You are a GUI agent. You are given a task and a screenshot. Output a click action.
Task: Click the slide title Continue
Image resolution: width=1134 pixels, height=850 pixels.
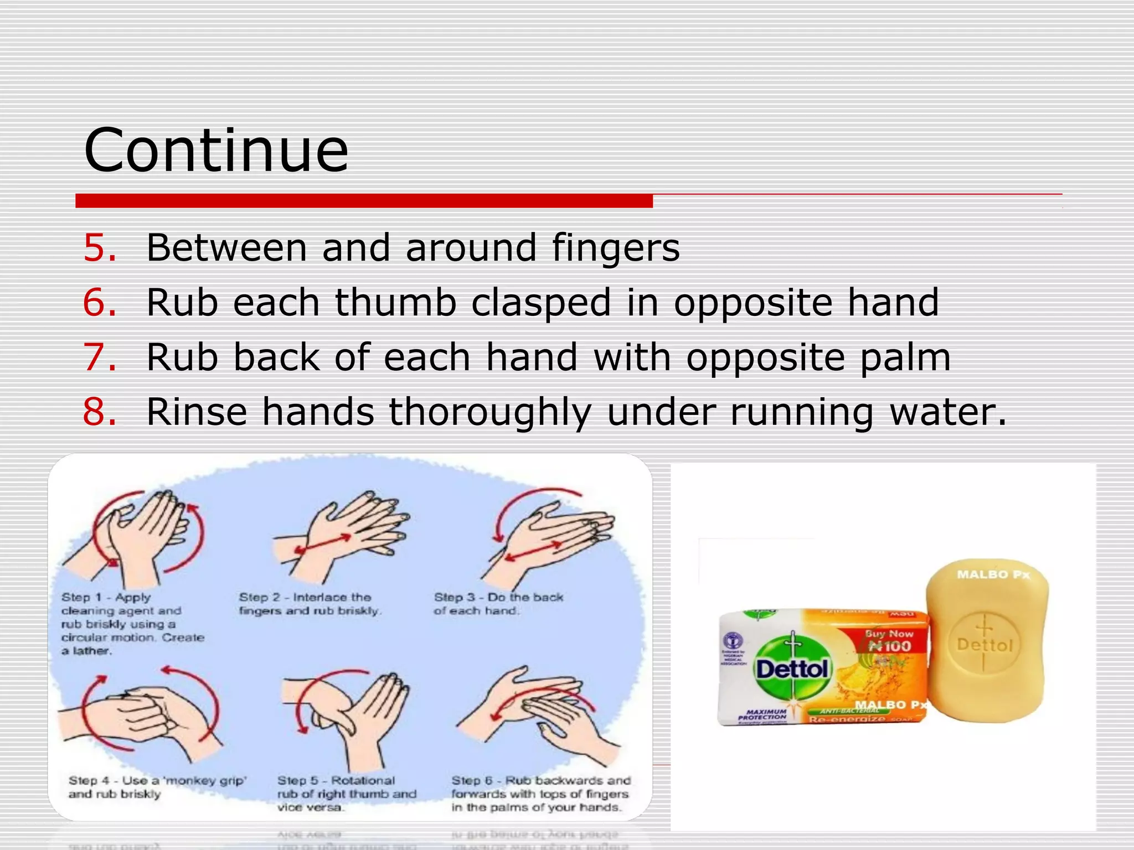point(216,151)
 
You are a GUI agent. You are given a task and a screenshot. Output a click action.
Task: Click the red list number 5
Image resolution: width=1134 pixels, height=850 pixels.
point(100,247)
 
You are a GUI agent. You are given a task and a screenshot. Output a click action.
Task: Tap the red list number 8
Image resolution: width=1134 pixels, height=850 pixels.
point(100,412)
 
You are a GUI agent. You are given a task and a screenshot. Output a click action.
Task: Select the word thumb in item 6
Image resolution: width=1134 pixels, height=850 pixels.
point(395,303)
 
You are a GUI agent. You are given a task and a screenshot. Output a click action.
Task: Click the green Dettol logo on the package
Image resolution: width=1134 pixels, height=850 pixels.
point(793,670)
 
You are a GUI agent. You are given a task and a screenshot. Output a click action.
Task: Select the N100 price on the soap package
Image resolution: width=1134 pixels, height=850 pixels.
point(889,646)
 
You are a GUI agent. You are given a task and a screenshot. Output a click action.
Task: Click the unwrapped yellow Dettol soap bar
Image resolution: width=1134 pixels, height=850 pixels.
point(987,642)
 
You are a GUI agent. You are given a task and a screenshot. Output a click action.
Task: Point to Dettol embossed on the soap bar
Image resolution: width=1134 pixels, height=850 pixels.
point(984,645)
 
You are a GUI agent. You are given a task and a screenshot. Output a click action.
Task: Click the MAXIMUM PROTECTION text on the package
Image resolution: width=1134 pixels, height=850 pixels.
point(762,714)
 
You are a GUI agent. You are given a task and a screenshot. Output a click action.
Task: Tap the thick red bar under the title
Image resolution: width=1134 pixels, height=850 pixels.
point(364,201)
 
